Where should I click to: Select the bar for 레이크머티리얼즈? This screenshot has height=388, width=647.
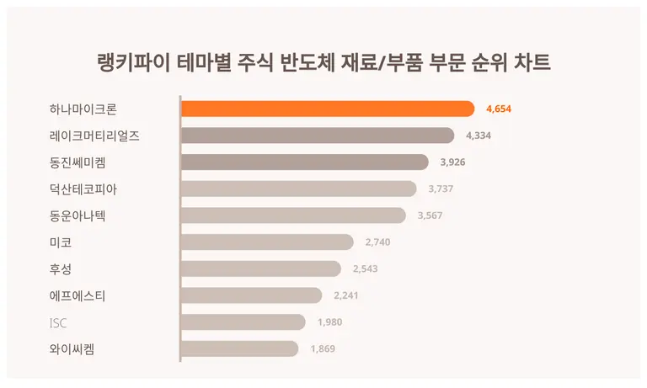317,136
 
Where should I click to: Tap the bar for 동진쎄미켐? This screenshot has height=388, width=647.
304,162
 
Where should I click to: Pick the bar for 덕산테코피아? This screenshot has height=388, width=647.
298,189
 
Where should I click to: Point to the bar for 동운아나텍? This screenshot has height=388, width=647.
293,215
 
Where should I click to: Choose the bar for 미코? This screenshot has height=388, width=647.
267,242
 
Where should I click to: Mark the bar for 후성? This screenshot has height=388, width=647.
260,268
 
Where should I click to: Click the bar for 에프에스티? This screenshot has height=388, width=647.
251,295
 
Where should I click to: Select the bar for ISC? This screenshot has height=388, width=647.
243,322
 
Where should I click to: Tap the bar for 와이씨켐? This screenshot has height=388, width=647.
239,348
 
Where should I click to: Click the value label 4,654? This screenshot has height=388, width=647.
499,109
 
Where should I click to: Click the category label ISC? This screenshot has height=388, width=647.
59,322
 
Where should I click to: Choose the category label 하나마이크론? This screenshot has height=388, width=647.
83,109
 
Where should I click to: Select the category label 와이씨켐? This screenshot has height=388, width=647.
72,348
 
